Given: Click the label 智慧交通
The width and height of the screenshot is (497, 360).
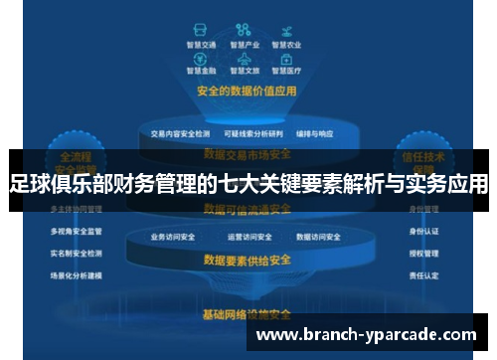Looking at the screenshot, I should pos(200,45).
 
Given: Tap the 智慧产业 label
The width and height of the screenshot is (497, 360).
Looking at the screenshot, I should pos(245,45).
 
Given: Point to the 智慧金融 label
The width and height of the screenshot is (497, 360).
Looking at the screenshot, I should pos(200,72).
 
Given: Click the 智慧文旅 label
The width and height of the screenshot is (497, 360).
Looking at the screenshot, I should pos(245,72).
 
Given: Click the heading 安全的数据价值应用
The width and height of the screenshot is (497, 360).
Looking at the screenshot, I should pos(247,90).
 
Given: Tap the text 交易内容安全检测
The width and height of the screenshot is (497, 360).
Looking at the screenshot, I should pos(180,133).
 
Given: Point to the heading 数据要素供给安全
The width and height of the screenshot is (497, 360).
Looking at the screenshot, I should pos(247,261).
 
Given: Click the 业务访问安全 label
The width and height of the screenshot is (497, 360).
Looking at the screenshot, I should pos(172,238).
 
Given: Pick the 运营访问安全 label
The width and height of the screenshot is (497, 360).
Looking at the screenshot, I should pos(248,238).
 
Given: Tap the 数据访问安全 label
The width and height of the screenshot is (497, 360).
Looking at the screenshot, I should pos(319,238).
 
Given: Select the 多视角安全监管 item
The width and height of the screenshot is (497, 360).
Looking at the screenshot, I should pos(76,231).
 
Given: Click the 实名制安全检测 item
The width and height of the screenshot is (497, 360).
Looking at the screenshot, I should pos(76,253).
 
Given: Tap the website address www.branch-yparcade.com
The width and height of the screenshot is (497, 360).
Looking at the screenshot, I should pos(367,335).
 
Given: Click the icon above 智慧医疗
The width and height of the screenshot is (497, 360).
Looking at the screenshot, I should pos(286,59).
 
